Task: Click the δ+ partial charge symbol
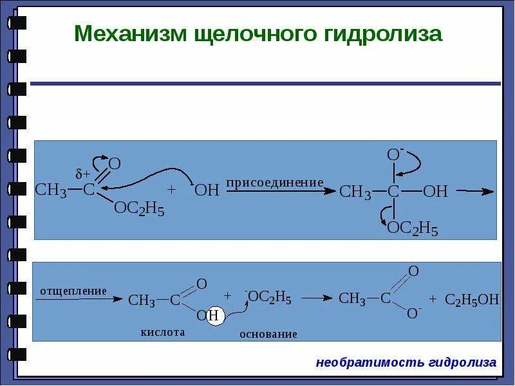tap(83, 174)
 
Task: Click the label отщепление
tap(73, 291)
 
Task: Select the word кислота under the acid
tap(163, 332)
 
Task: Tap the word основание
tap(268, 334)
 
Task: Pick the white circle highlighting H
tap(214, 316)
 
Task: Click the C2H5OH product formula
tap(472, 299)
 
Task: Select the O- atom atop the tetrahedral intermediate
tap(395, 155)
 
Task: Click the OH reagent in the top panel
tap(207, 190)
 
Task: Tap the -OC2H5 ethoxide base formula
tap(268, 297)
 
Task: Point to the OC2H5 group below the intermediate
tap(412, 228)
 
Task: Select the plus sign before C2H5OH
tap(433, 299)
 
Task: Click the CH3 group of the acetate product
tap(352, 299)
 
